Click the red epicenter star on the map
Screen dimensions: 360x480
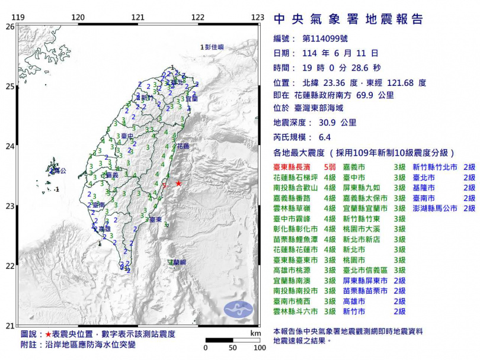179,184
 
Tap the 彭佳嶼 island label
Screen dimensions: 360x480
213,46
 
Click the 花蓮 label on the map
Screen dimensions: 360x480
183,146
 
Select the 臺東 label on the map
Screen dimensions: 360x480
156,220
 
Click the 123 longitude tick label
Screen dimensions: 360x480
257,17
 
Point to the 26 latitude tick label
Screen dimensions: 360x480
9,27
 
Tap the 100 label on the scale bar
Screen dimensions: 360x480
258,348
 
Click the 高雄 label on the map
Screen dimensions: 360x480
104,229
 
